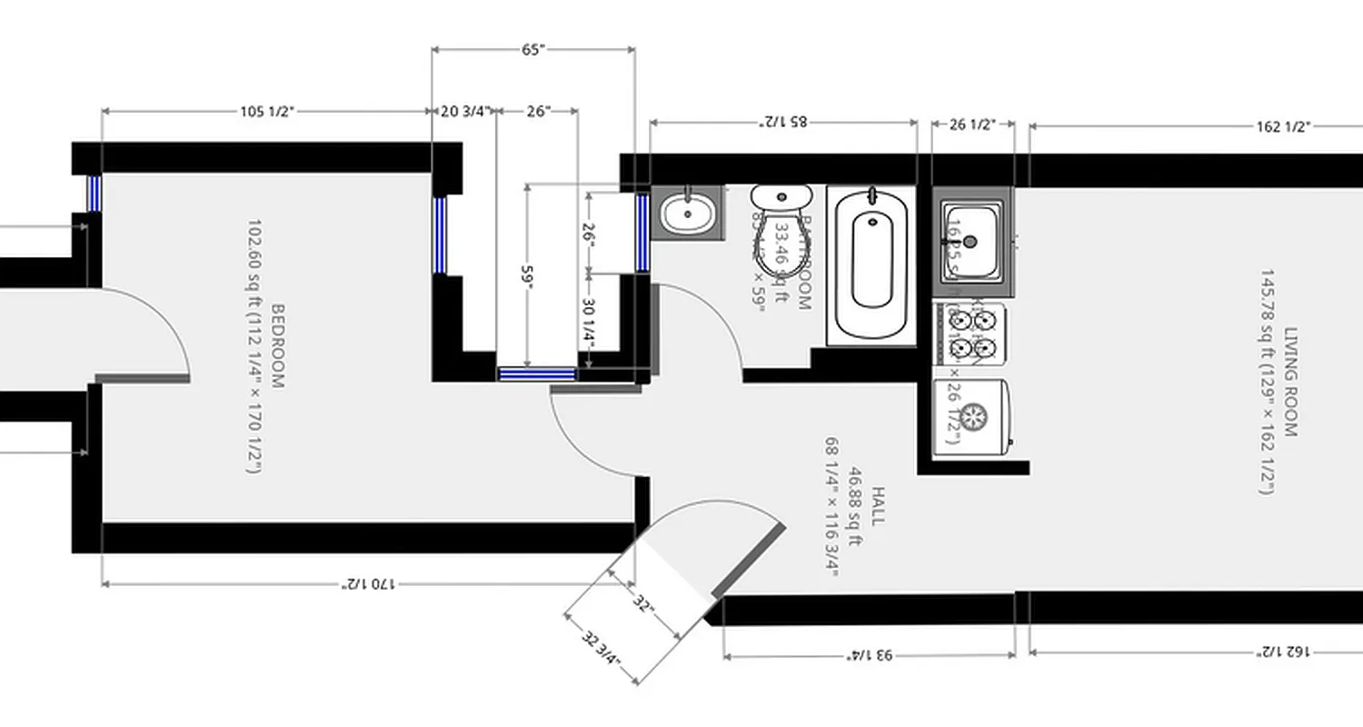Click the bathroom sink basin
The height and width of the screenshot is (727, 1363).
(687, 214)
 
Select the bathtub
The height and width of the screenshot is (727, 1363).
(871, 264)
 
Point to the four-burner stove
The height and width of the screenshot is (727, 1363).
(971, 334)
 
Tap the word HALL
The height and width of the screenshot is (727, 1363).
(877, 505)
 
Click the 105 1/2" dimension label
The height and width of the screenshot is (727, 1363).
(266, 112)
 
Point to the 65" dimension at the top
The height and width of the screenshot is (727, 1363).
(532, 50)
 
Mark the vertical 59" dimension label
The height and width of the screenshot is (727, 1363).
(526, 274)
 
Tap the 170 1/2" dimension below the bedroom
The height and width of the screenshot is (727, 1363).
(368, 583)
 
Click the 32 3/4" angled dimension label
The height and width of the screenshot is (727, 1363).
(600, 649)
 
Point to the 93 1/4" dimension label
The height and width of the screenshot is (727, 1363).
(869, 654)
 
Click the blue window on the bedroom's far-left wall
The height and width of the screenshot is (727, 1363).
(94, 193)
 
